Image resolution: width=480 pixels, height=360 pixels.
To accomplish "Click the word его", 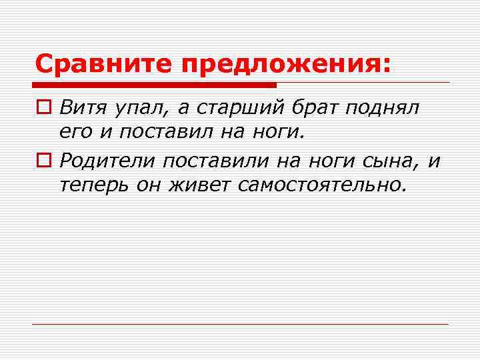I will (x=76, y=133).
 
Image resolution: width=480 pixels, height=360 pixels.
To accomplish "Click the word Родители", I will (x=106, y=160).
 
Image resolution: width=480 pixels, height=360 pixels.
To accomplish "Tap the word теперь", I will (x=93, y=185).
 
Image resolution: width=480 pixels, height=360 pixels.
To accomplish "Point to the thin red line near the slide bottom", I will (x=240, y=324).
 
